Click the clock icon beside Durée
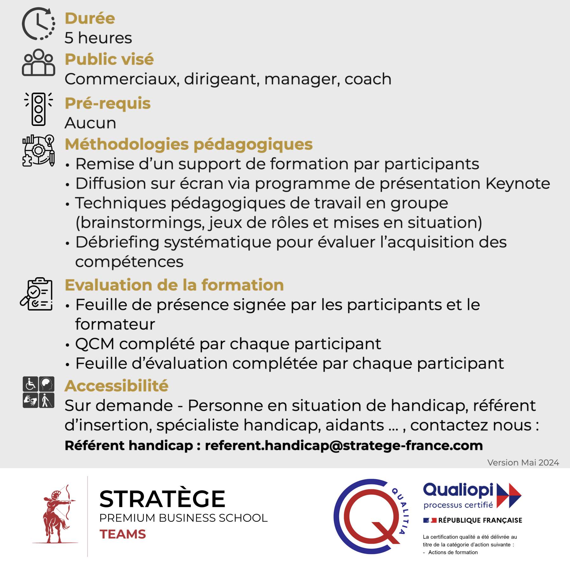38,24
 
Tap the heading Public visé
109,59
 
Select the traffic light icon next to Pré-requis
38,109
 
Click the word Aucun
90,123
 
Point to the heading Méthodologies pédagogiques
189,144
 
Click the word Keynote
518,184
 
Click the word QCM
95,344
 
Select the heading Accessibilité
116,386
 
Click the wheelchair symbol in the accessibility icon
30,384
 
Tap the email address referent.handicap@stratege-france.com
344,446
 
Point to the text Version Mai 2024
523,463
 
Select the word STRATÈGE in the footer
162,499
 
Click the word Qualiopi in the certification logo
458,490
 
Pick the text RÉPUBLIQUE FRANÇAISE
480,520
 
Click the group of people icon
38,62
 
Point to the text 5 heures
98,38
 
